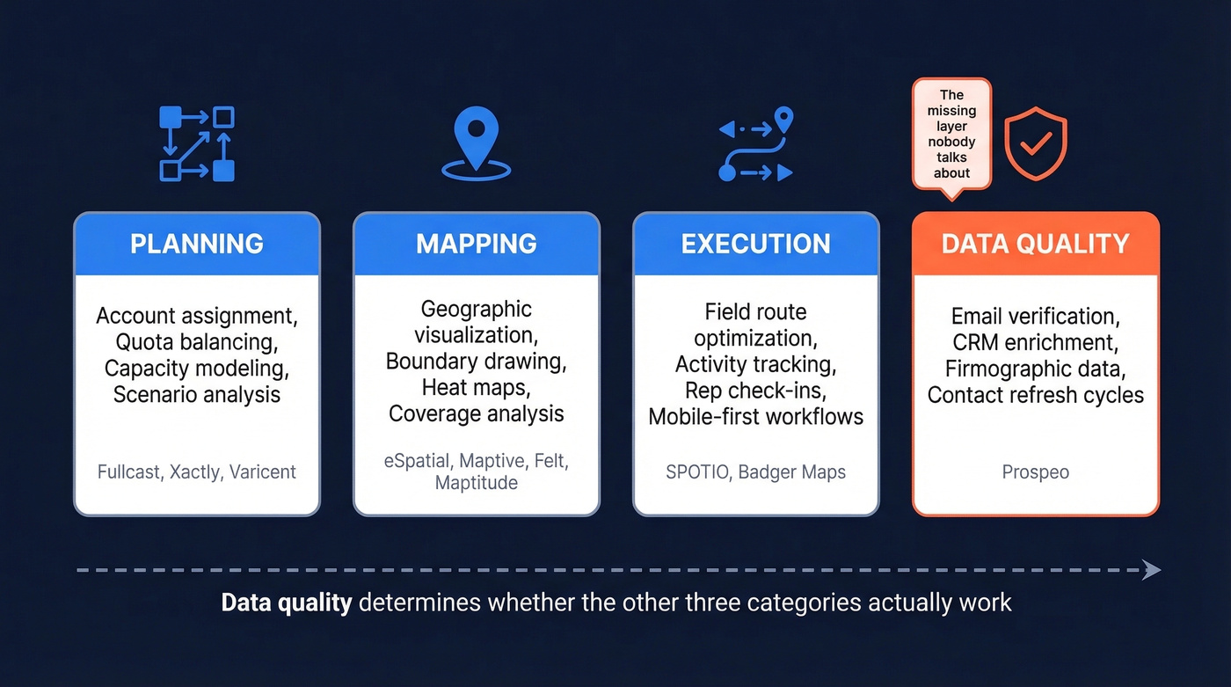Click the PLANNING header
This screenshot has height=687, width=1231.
click(x=197, y=244)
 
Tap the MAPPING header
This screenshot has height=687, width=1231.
click(x=477, y=244)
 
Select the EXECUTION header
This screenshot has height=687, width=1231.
click(x=755, y=244)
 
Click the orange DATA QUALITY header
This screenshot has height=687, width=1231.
click(x=1035, y=244)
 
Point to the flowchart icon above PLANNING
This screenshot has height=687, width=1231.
click(x=197, y=143)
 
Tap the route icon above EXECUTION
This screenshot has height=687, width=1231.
click(x=756, y=144)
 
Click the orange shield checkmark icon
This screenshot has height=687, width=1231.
click(x=1036, y=144)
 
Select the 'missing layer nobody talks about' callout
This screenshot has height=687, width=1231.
click(x=951, y=134)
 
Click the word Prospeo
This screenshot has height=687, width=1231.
click(x=1035, y=472)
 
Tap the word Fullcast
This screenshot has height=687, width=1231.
click(x=129, y=472)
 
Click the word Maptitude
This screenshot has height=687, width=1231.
click(x=476, y=483)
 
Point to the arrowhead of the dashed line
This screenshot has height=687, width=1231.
click(x=1152, y=570)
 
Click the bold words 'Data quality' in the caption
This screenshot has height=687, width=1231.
click(x=287, y=603)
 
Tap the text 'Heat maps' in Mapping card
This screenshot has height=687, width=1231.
click(x=476, y=387)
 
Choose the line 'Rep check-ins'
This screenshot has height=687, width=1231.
click(x=755, y=390)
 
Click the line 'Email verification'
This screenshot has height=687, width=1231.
click(x=1035, y=316)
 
